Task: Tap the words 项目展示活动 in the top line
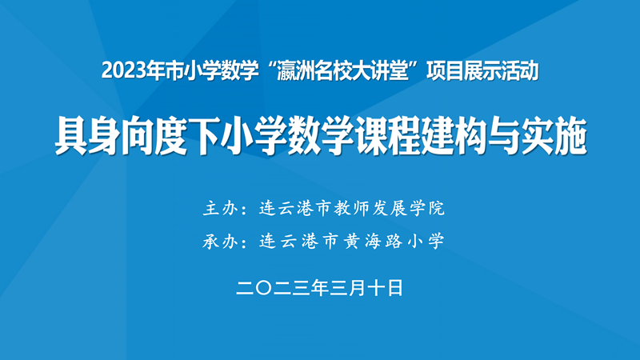486,71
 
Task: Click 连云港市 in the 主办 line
299,210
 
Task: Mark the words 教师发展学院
392,210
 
